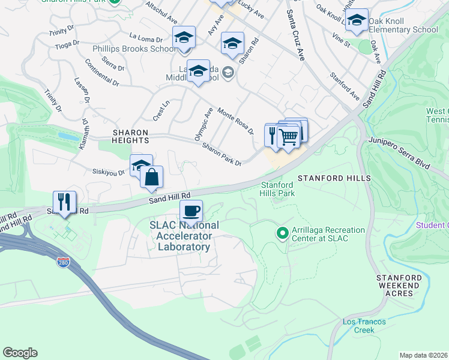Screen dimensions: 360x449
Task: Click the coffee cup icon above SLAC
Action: click(x=191, y=211)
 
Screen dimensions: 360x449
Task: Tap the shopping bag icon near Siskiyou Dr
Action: click(x=152, y=176)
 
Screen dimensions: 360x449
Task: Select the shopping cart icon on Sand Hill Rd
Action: click(x=289, y=137)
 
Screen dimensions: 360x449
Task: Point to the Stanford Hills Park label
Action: click(x=277, y=189)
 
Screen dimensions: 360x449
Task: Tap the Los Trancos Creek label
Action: click(x=364, y=326)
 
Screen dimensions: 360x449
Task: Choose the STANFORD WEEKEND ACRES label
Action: click(x=396, y=286)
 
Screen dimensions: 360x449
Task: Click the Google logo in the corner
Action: click(x=20, y=353)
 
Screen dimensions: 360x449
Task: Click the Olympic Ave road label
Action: click(x=200, y=124)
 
